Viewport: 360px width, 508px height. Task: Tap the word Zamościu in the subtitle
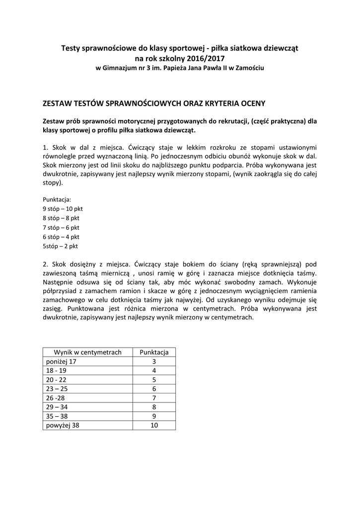(250, 67)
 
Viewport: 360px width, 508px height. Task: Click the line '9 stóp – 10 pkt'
(63, 209)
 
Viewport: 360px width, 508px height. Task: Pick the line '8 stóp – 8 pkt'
(61, 218)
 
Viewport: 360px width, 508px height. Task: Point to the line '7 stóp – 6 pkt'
(61, 227)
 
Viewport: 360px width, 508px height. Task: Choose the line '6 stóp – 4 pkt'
(61, 237)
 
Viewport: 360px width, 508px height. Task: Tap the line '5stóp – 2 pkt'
(60, 246)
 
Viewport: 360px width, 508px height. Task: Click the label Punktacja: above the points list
(57, 199)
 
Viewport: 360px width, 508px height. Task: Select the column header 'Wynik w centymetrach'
(88, 352)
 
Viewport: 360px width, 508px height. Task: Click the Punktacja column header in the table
(154, 352)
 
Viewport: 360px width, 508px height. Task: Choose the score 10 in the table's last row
(154, 426)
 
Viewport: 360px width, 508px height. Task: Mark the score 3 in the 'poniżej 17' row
(154, 362)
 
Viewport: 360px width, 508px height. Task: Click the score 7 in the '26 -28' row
(154, 398)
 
